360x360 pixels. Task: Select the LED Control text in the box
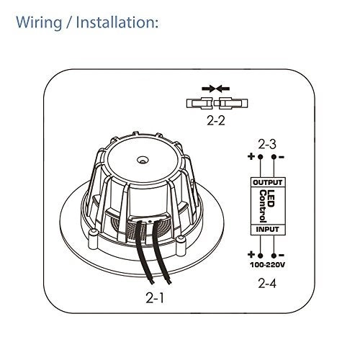click(x=268, y=205)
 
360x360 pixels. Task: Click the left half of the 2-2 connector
click(x=202, y=104)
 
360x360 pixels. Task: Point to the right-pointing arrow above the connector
click(x=206, y=89)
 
